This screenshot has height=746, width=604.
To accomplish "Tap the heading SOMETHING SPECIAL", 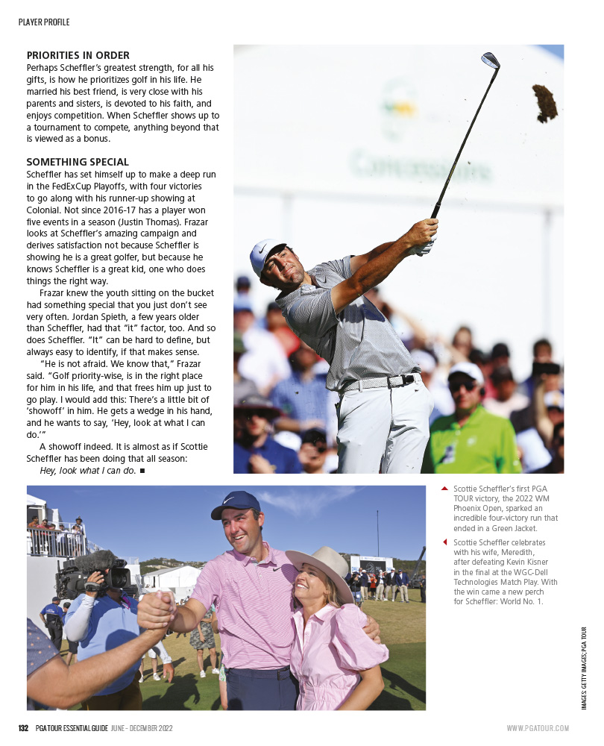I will coord(78,162).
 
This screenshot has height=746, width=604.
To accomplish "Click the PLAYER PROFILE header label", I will coord(44,22).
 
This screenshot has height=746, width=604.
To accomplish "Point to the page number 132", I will coord(23,728).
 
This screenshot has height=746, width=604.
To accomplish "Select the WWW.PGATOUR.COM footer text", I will coord(538,728).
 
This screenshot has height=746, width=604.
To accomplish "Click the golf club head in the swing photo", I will coord(491,60).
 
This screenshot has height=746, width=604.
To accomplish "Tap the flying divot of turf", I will coord(545,102).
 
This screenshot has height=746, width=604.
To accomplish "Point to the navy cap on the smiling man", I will coord(235,505).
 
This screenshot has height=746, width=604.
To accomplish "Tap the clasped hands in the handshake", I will coord(156,611).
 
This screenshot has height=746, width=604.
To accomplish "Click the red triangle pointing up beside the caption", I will coord(445,489).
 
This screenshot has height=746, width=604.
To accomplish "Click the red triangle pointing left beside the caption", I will coord(445,542).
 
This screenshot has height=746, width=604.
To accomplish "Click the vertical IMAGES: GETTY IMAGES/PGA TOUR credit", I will coord(585,668).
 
